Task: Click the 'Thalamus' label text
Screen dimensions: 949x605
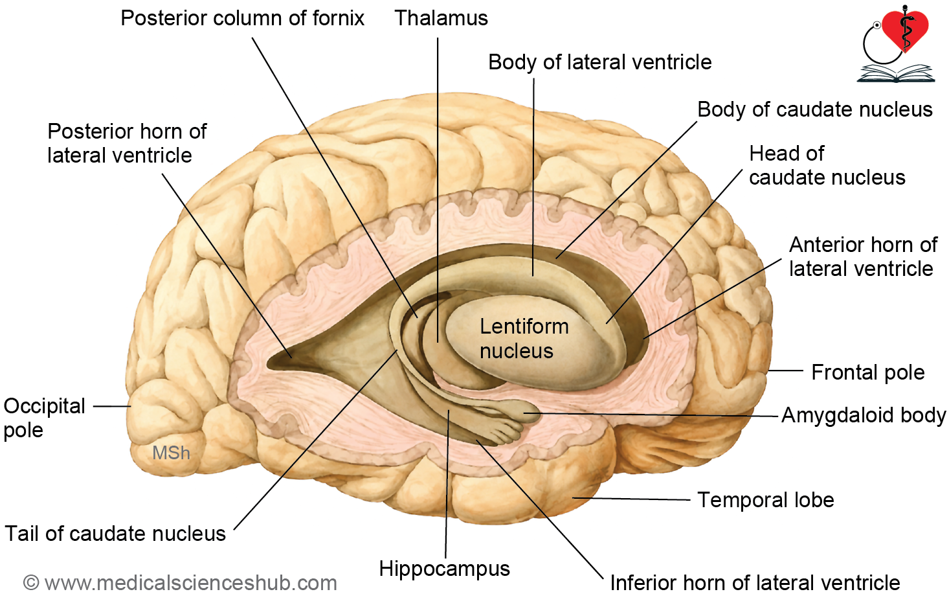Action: [441, 18]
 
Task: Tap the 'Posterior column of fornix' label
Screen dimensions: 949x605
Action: [242, 18]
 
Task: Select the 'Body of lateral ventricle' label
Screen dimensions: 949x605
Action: [600, 62]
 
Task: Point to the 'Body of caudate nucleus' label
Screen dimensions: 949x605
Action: [815, 109]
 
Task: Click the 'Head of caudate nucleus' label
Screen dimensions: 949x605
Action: [827, 165]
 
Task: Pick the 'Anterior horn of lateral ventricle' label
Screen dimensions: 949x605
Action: [863, 257]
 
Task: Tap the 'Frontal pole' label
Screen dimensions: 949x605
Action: [867, 372]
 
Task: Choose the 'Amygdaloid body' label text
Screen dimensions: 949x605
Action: [864, 415]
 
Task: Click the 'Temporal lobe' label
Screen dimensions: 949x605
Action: [766, 500]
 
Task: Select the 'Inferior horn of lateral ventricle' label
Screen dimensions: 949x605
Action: [755, 583]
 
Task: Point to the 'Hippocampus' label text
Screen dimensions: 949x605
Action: [445, 569]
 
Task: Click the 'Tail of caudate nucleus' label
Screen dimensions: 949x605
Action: [115, 533]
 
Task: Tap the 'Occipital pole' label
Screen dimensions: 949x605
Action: [45, 418]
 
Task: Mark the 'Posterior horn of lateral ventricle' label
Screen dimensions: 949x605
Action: [127, 143]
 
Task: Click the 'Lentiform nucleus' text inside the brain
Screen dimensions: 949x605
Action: [524, 339]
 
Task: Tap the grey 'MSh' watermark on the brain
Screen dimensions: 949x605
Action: [171, 453]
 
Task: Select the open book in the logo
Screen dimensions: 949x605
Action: [896, 74]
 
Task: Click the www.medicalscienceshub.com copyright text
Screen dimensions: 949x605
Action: [180, 583]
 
